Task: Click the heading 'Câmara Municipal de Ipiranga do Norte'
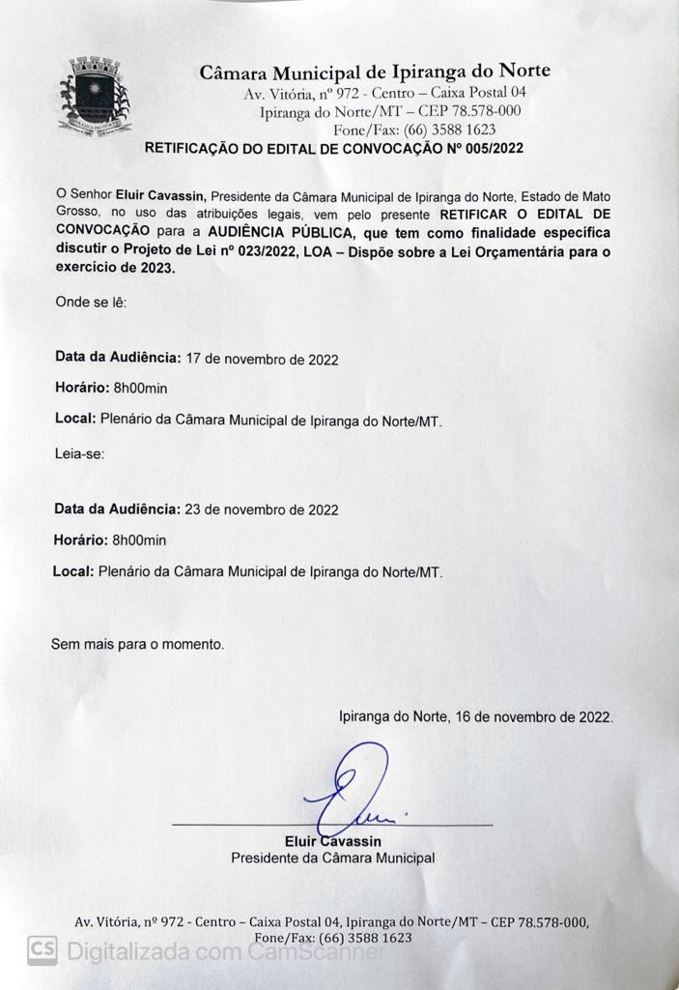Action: (x=375, y=72)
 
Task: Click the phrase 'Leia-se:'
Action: (x=80, y=451)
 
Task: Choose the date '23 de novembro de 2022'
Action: (x=262, y=509)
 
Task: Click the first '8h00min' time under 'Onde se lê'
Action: (x=140, y=389)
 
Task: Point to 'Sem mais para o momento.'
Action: (x=137, y=642)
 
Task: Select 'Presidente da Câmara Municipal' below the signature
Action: (x=332, y=858)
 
